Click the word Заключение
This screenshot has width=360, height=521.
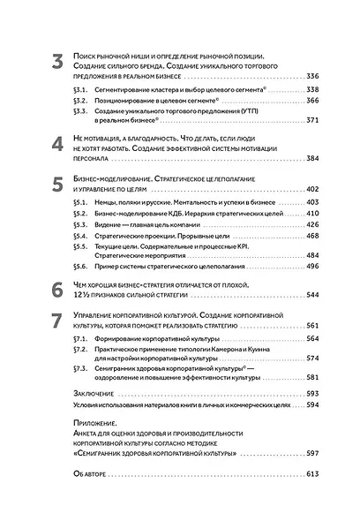[x=89, y=417]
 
